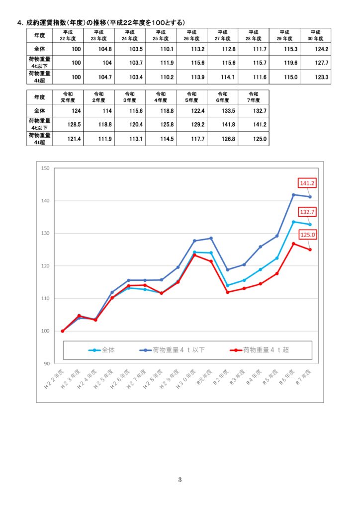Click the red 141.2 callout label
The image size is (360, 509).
click(307, 183)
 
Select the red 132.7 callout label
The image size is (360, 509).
click(307, 212)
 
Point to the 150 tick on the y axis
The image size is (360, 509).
click(45, 168)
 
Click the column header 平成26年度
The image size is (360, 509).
click(191, 35)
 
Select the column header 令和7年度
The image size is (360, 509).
click(254, 96)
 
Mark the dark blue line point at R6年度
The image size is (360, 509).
click(293, 195)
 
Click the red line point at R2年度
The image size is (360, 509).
click(228, 292)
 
